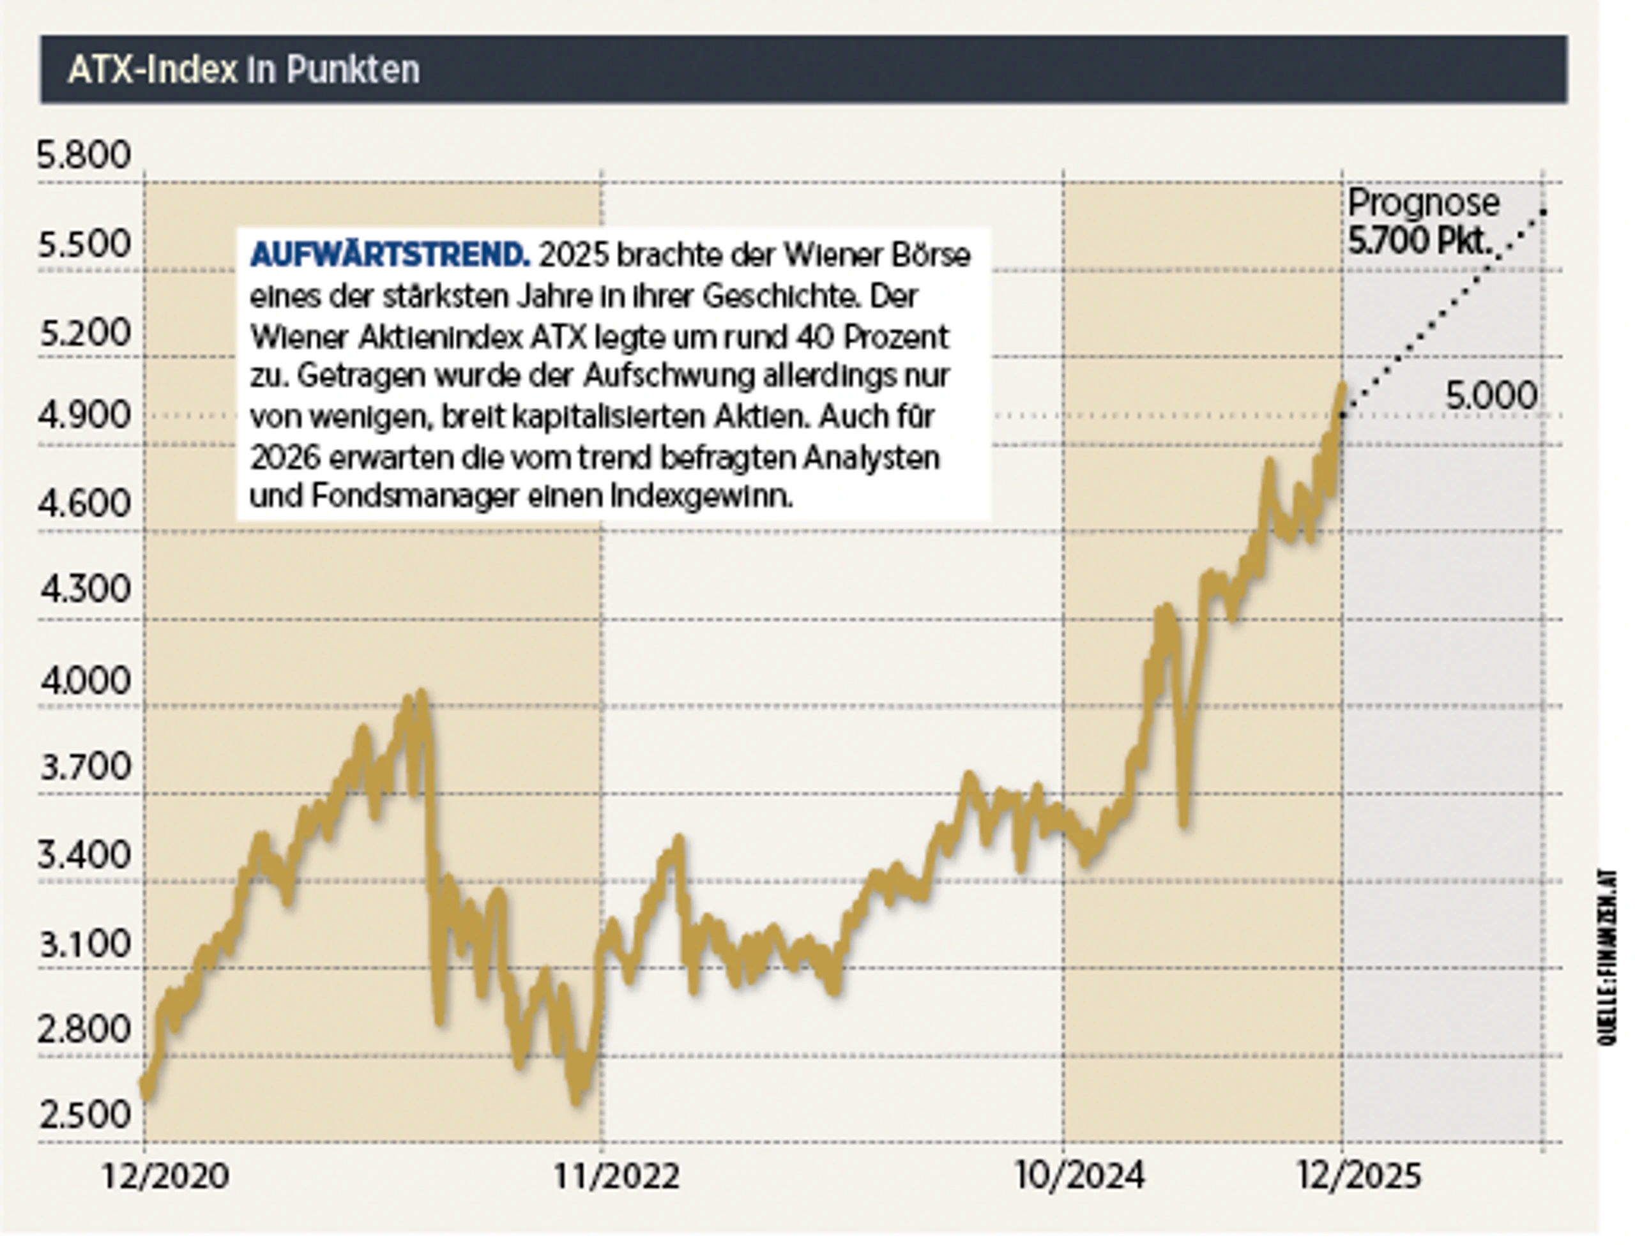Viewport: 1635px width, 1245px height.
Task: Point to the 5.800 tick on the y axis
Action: pos(84,156)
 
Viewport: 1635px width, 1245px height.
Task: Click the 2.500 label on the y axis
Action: pos(84,1115)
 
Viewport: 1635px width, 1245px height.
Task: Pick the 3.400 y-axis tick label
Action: pos(84,854)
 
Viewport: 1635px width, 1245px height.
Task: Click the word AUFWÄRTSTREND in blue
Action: pos(390,255)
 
